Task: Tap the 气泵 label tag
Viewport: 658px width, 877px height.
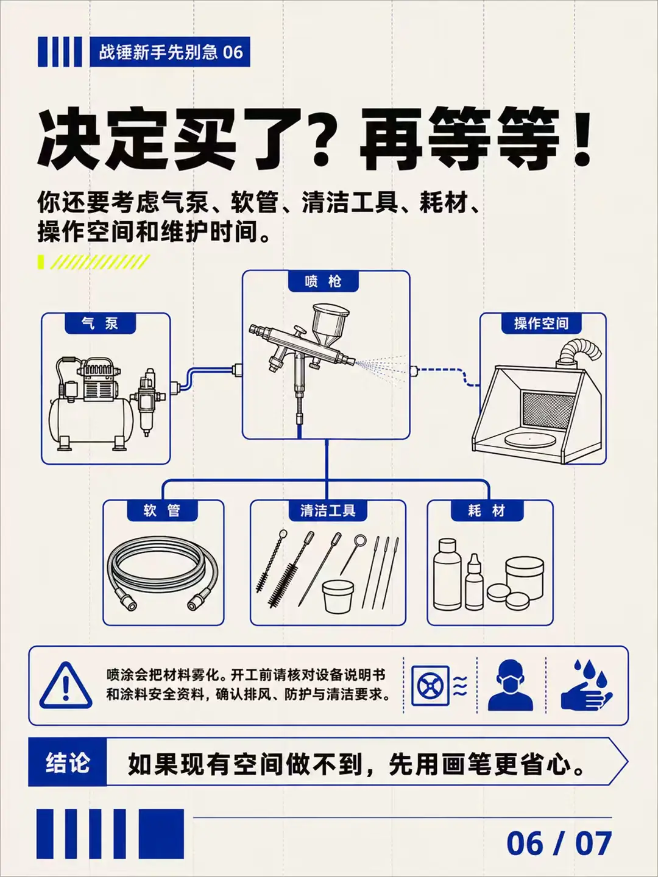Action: click(x=101, y=323)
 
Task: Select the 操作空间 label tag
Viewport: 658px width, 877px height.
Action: click(x=542, y=323)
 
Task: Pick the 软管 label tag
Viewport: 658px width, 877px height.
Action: click(x=162, y=510)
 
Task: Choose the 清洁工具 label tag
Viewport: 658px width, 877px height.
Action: click(x=328, y=510)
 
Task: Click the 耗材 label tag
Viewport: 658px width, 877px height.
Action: click(x=487, y=510)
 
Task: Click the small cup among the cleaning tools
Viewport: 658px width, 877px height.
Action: click(x=338, y=596)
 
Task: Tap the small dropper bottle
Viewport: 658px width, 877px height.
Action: click(x=474, y=582)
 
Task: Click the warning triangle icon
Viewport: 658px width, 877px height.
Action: click(x=66, y=686)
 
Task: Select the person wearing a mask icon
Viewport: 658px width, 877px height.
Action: click(x=510, y=685)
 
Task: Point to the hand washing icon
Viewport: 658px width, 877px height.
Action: click(x=586, y=686)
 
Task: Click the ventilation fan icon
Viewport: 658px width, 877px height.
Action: click(x=430, y=686)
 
